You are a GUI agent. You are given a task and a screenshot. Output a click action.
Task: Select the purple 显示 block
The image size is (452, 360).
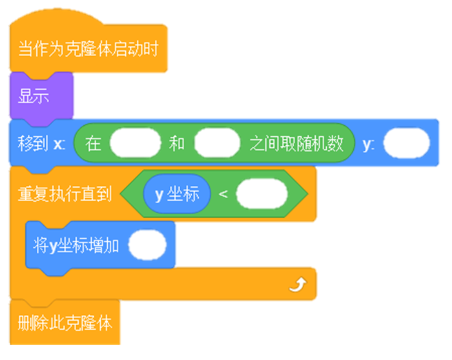(x=41, y=95)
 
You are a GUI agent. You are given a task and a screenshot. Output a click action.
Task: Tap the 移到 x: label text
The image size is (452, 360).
(x=41, y=143)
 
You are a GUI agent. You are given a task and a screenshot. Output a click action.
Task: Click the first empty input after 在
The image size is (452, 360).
(x=135, y=143)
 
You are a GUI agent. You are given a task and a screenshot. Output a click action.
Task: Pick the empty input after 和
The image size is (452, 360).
(x=217, y=143)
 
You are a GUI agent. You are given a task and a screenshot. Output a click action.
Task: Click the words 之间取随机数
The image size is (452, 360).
(x=296, y=143)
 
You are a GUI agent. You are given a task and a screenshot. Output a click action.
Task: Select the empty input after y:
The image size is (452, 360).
(x=406, y=143)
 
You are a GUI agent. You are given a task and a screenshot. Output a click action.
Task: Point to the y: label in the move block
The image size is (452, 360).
(x=369, y=144)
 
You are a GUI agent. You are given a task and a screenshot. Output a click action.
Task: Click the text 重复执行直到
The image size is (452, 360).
(x=65, y=194)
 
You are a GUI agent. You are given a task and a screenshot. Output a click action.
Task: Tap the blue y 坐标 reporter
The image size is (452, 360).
(x=177, y=194)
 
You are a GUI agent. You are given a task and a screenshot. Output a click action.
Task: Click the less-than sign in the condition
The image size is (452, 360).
(x=223, y=194)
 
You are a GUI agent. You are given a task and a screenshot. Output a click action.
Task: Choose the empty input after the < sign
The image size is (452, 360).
(x=262, y=194)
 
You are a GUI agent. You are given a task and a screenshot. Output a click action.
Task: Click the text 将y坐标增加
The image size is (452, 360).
(x=76, y=246)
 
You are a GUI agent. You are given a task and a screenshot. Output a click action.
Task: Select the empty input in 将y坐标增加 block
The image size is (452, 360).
(x=147, y=245)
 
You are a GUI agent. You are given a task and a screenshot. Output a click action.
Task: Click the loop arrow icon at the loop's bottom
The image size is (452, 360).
(x=298, y=285)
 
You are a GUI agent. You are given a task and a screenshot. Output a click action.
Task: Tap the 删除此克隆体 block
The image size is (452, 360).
(x=65, y=323)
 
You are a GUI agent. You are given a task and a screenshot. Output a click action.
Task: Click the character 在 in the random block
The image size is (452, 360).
(x=93, y=143)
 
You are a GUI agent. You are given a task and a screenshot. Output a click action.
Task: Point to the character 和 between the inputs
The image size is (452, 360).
(x=177, y=143)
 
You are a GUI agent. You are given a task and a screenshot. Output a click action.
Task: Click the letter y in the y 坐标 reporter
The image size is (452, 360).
(x=159, y=195)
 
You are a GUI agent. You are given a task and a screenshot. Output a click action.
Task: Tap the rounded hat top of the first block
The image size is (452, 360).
(x=56, y=18)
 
